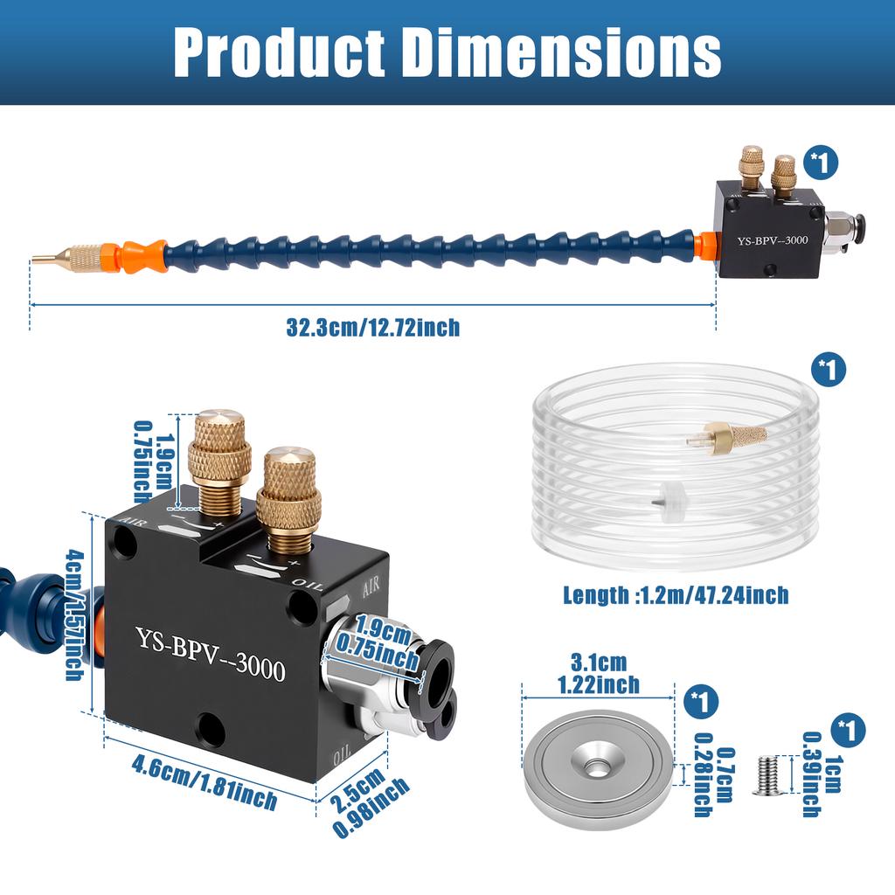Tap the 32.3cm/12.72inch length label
pos(372,328)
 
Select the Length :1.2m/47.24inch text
pos(675,596)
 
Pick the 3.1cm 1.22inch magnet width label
pos(598,674)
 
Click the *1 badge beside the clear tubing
pos(829,369)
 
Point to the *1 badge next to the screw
pos(850,727)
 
